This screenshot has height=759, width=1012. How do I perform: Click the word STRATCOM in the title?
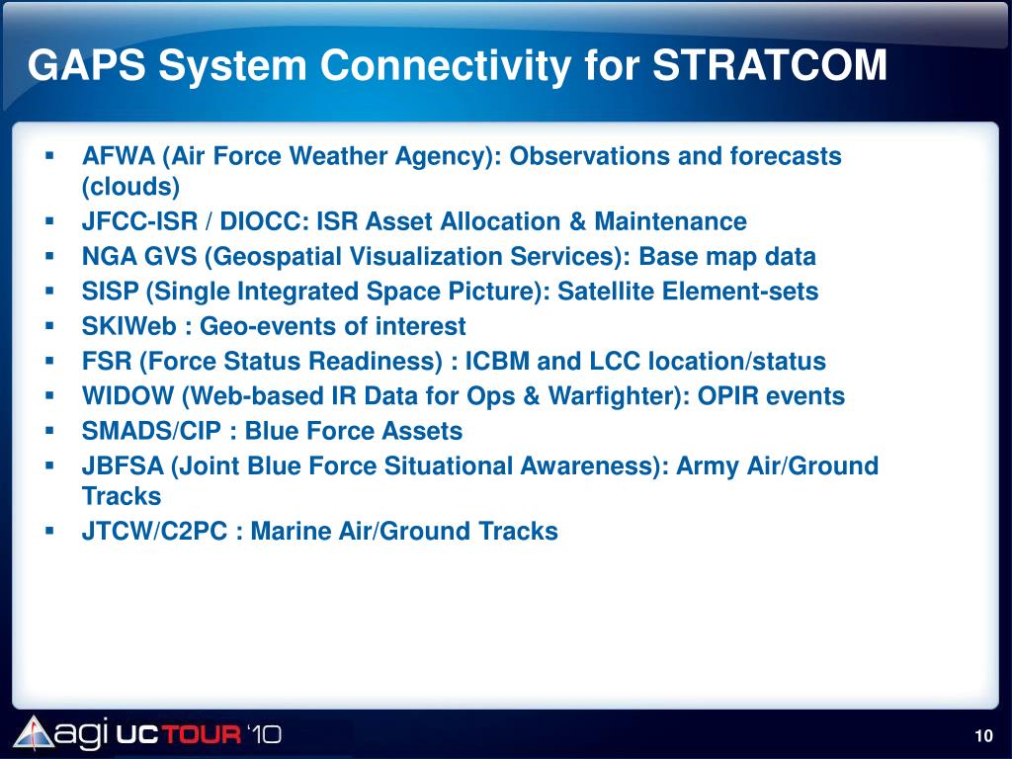(x=770, y=65)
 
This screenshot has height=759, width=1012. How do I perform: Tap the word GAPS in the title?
(x=87, y=65)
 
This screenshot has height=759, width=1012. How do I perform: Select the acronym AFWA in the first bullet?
(x=119, y=156)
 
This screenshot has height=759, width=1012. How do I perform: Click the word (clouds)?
(x=130, y=187)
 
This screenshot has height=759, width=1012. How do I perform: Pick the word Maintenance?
(x=670, y=221)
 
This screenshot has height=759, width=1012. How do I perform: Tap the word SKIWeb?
(x=129, y=326)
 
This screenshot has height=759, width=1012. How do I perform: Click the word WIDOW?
(x=127, y=395)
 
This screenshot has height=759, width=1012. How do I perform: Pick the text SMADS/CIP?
(x=151, y=431)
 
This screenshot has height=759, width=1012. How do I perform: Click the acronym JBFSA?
(x=123, y=465)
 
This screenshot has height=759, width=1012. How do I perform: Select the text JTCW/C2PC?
(x=155, y=531)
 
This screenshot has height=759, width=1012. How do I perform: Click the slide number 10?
(x=983, y=735)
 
